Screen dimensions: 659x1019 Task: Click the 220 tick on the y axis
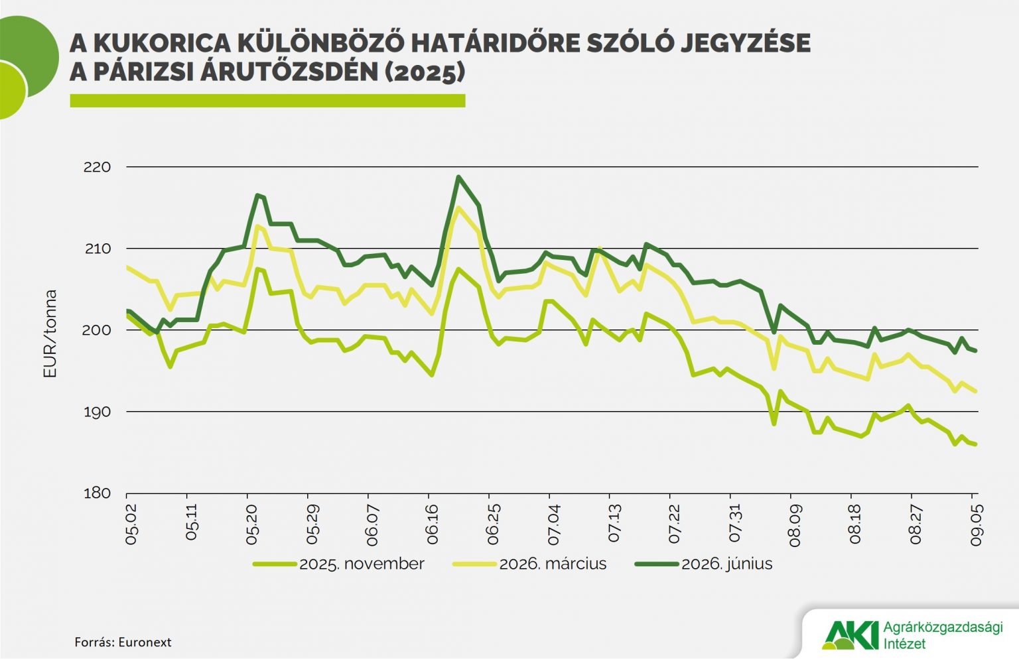97,167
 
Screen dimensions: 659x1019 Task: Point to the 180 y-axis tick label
97,494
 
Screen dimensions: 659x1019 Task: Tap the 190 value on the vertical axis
97,412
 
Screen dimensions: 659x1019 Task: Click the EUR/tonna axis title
50,333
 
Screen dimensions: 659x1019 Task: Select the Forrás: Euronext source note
123,642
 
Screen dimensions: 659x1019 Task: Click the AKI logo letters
849,635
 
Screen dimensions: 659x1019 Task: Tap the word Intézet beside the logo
904,644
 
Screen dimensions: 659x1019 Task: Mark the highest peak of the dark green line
458,177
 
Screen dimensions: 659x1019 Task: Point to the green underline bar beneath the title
267,101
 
